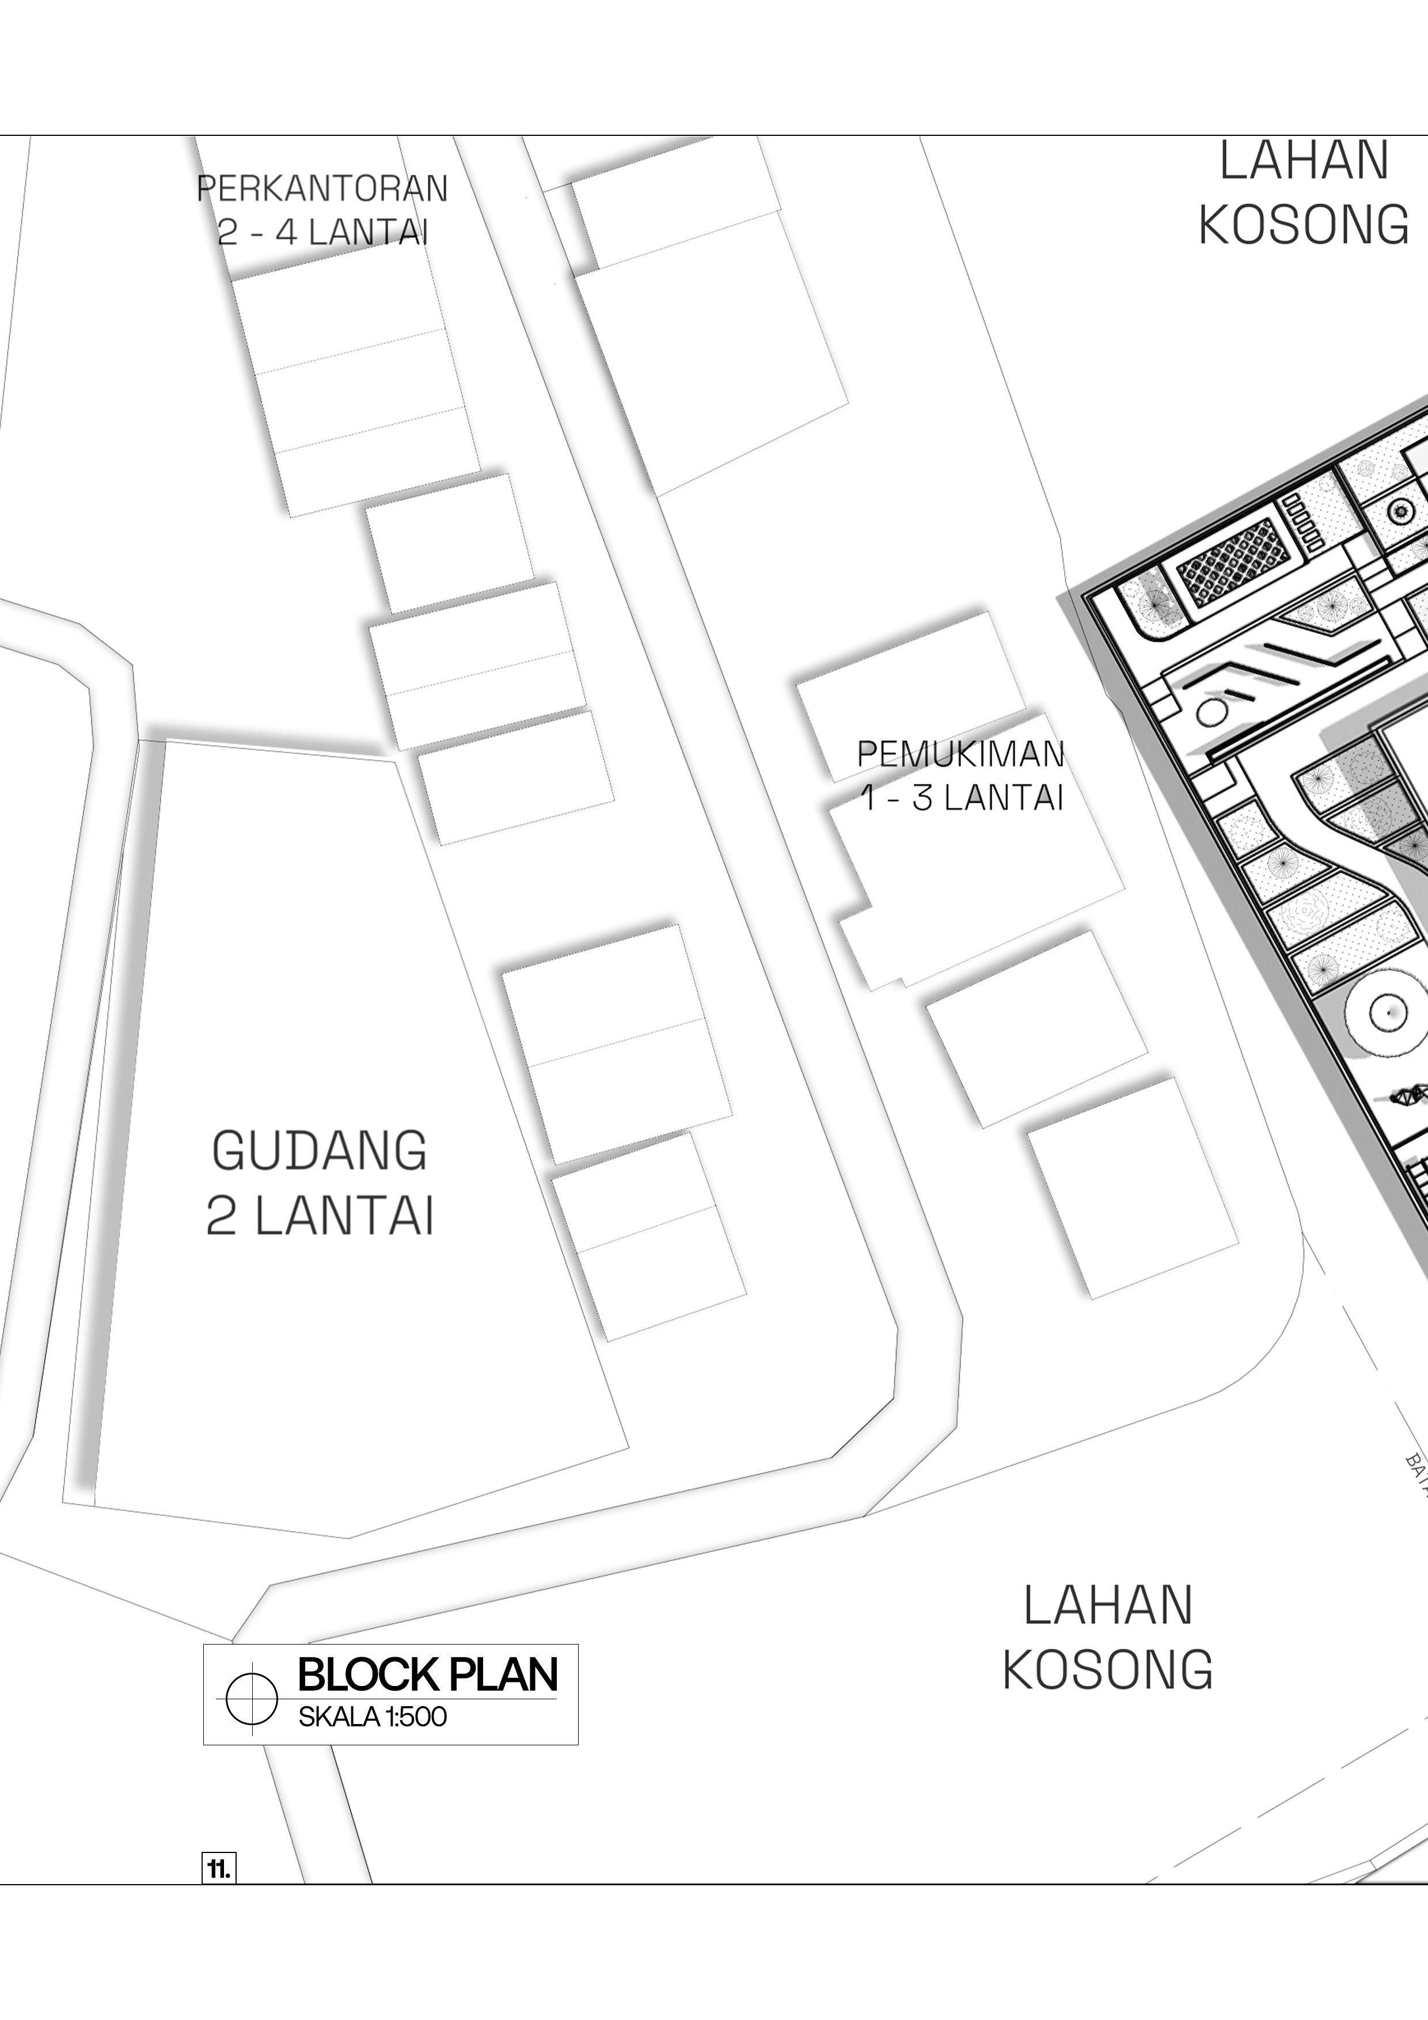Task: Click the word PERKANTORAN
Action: (322, 189)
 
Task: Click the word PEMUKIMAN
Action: (960, 754)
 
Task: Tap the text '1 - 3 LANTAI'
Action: (962, 798)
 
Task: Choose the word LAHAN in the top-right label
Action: (1303, 162)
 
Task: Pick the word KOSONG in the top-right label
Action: (1303, 225)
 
